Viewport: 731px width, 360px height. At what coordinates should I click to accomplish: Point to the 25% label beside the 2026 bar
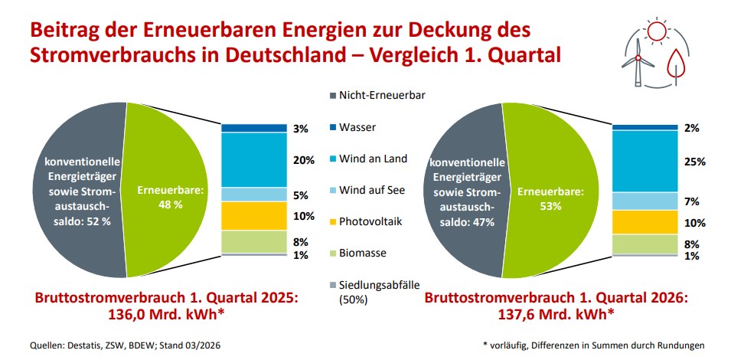693,162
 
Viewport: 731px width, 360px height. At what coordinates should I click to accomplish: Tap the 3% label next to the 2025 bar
301,129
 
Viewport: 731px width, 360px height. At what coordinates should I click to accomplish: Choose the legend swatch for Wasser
333,127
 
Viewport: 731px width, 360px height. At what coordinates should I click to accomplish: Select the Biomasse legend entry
364,253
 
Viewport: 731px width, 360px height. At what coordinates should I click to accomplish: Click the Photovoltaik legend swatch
333,221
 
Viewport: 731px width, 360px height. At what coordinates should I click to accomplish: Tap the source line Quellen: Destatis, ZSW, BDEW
100,345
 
